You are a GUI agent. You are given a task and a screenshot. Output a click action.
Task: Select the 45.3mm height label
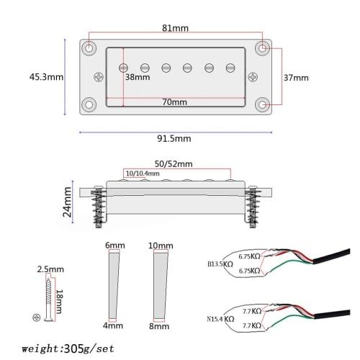tap(46, 76)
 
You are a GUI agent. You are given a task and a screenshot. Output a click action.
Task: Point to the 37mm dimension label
tap(295, 77)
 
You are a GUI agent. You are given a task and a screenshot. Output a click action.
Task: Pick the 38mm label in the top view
tap(134, 77)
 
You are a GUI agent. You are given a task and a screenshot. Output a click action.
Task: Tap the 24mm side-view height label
tap(67, 202)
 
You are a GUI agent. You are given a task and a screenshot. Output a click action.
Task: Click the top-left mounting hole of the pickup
tap(89, 48)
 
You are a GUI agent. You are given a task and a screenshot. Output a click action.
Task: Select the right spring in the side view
tap(253, 207)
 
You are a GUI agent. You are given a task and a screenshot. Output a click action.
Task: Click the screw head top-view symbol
tap(36, 318)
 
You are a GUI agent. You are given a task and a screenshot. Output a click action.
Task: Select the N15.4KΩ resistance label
tap(216, 318)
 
